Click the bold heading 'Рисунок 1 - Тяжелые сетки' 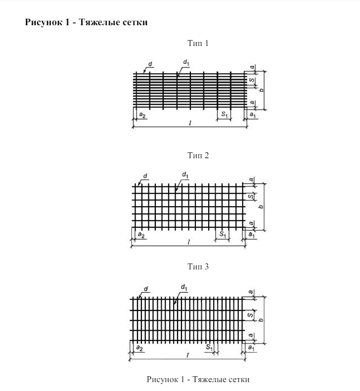click(86, 23)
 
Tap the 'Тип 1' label click(198, 43)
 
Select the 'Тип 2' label click(198, 156)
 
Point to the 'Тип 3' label click(198, 267)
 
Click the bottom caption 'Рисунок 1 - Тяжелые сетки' click(198, 379)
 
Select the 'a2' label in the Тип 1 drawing click(142, 115)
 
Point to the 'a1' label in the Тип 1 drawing click(252, 115)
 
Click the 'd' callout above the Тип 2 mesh click(145, 175)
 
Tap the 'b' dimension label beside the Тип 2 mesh click(261, 205)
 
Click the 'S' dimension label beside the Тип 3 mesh click(251, 315)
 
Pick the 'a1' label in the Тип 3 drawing click(251, 348)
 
